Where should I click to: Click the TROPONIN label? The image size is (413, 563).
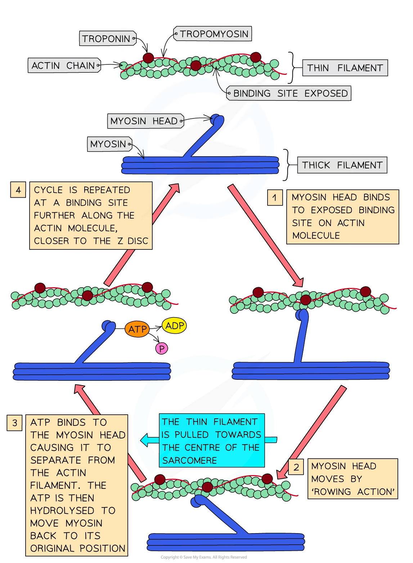click(x=106, y=39)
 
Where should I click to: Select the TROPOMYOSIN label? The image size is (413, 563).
click(x=214, y=34)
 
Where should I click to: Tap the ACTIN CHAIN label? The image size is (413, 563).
click(x=63, y=66)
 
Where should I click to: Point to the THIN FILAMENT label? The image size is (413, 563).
click(x=345, y=68)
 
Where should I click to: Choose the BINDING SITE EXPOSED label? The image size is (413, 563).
click(x=290, y=94)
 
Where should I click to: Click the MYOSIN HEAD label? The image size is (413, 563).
click(x=144, y=121)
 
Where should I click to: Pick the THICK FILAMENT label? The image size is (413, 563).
click(x=342, y=165)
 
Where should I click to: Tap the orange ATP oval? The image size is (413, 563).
click(x=138, y=329)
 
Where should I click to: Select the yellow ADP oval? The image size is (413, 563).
click(x=175, y=326)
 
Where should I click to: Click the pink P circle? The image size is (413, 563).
click(x=162, y=348)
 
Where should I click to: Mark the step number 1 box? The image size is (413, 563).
click(x=275, y=198)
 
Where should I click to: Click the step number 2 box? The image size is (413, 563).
click(x=296, y=467)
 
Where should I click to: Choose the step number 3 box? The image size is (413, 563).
click(x=14, y=423)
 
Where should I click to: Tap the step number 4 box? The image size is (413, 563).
click(x=18, y=190)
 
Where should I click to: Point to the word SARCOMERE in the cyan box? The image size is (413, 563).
click(x=189, y=460)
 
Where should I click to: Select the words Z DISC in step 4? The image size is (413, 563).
click(x=133, y=241)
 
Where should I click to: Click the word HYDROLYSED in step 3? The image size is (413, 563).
click(x=62, y=510)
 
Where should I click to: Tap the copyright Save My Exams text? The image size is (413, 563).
click(x=203, y=557)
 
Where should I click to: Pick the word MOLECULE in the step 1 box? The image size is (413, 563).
click(x=316, y=235)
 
